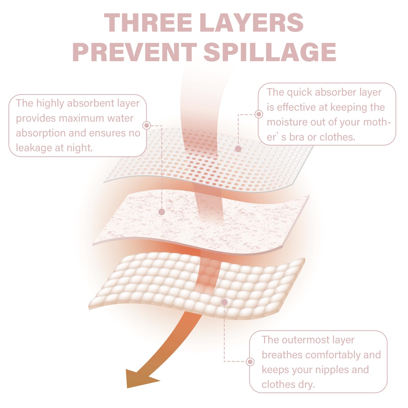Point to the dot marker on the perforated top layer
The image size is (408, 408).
point(238,149)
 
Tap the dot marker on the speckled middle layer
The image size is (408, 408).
point(162,212)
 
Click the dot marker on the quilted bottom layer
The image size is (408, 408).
point(224,302)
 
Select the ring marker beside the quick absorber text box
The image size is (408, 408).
point(259,114)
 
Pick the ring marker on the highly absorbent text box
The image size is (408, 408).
point(147,125)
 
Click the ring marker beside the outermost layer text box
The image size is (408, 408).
point(250,362)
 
